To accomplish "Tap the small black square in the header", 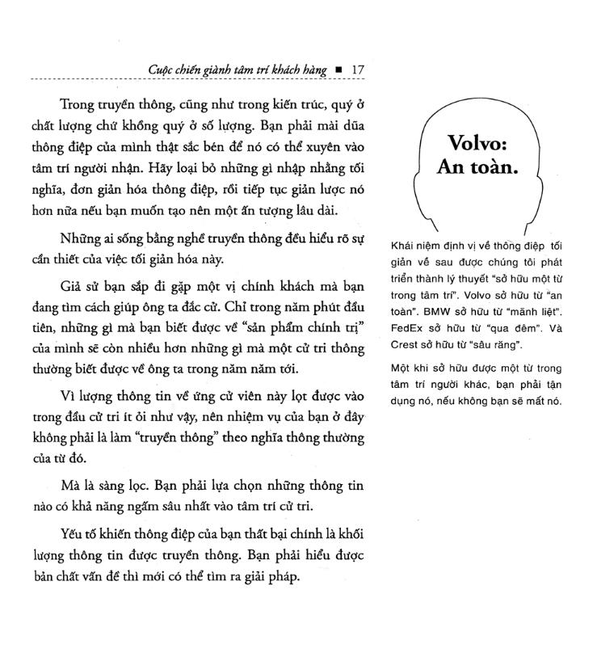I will pos(338,70).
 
